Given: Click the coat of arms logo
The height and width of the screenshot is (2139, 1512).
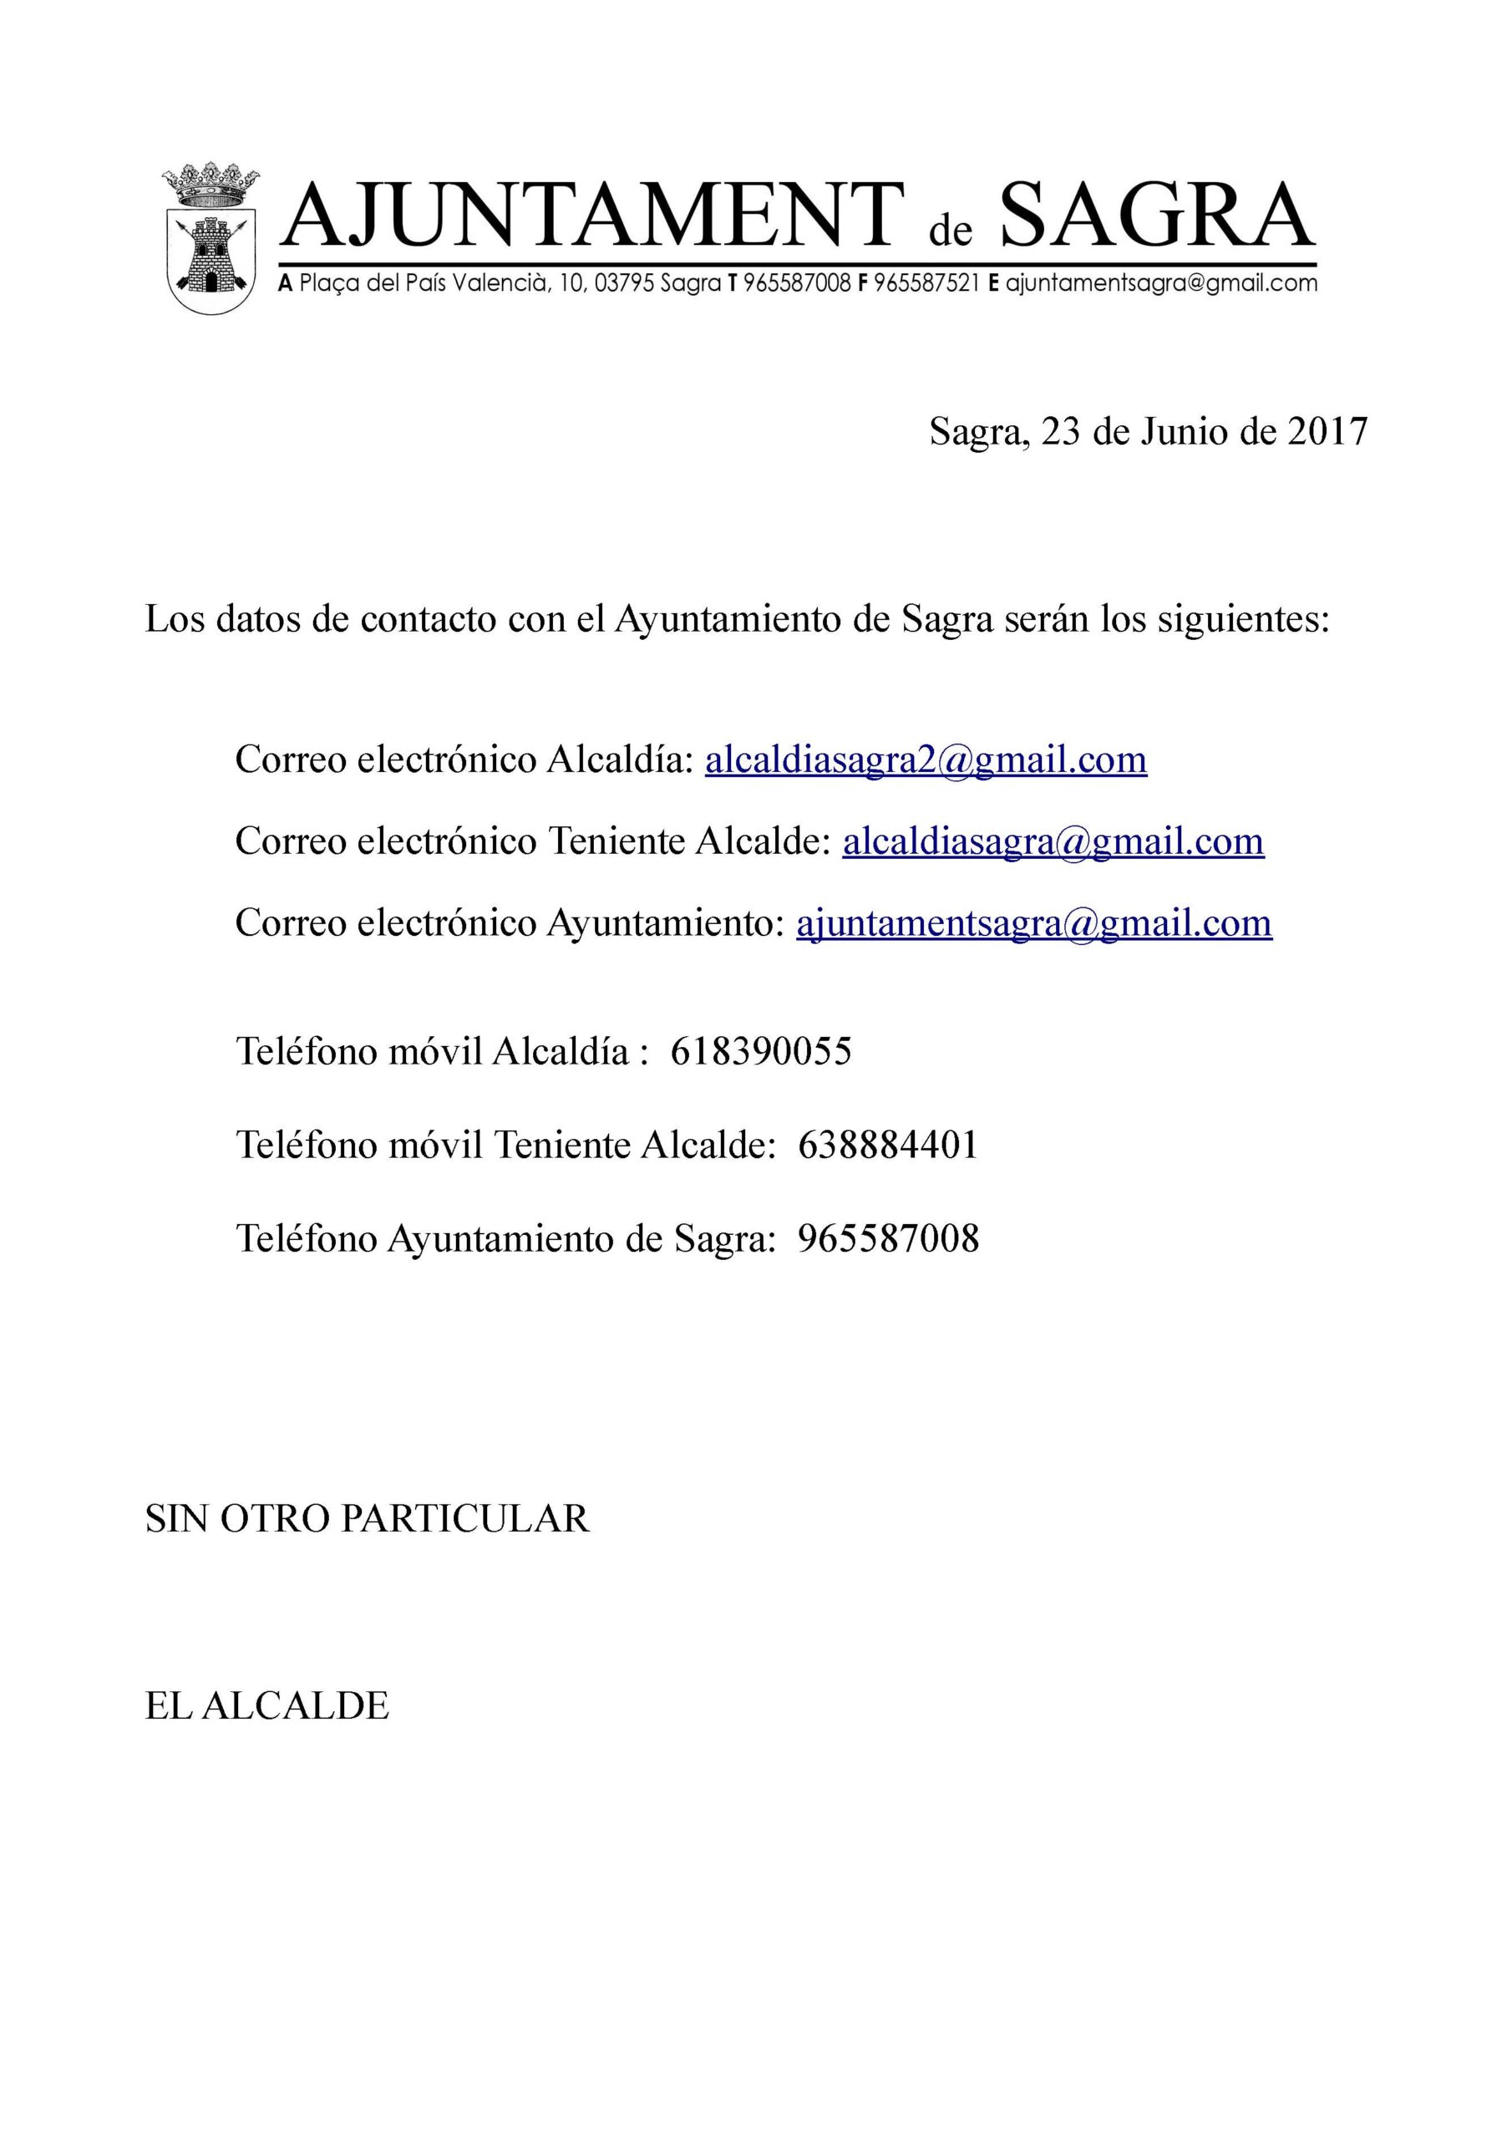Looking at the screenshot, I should [x=211, y=241].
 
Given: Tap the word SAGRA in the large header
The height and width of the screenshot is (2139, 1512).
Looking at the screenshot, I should [x=1156, y=216].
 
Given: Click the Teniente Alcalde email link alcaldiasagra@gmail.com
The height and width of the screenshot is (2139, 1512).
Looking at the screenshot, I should [x=1053, y=841].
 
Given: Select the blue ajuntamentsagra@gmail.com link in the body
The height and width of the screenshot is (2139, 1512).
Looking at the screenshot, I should [x=1033, y=923].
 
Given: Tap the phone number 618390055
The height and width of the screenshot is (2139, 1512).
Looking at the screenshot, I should [x=760, y=1052].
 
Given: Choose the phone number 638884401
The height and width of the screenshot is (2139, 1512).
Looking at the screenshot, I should [x=888, y=1145].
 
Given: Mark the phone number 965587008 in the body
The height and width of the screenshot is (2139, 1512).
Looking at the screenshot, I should [x=888, y=1239].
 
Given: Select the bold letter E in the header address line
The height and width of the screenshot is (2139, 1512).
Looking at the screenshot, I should [x=993, y=284].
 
